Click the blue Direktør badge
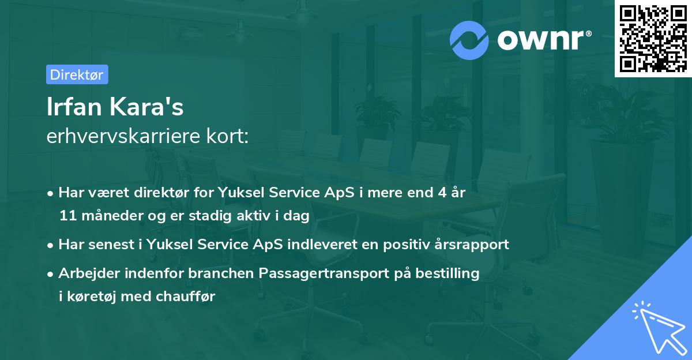[77, 74]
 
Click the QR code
[653, 39]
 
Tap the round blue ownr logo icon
[469, 40]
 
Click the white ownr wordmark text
[544, 40]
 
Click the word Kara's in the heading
[146, 107]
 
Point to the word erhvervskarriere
[123, 136]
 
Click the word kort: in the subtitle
[227, 136]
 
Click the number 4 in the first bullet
[442, 193]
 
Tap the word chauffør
[185, 296]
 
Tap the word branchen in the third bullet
[221, 273]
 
